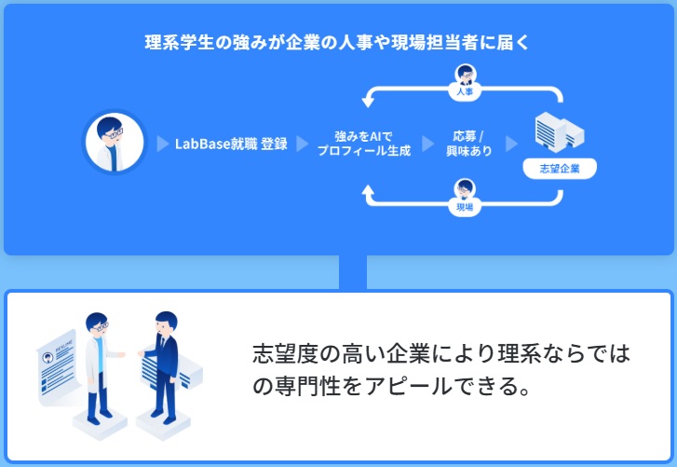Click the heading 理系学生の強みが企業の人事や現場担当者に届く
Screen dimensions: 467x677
(x=338, y=43)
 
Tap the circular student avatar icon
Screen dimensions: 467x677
(x=115, y=143)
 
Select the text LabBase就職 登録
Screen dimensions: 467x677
(x=231, y=144)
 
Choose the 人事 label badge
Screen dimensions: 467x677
(x=465, y=92)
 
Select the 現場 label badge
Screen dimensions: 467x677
(x=465, y=207)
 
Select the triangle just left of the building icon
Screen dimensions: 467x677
(x=510, y=144)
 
